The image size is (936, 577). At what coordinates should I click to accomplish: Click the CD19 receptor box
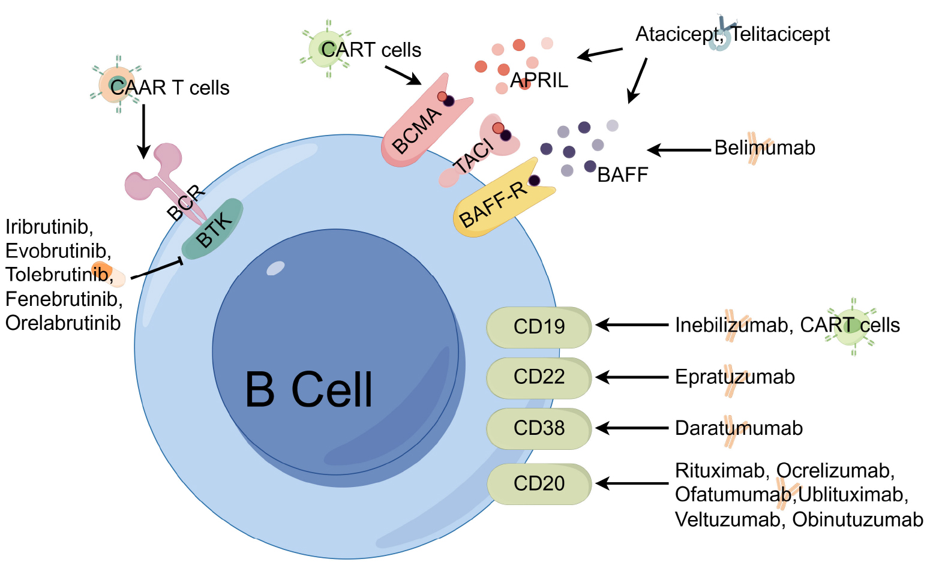click(x=539, y=327)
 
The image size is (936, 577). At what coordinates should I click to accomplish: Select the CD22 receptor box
click(x=539, y=377)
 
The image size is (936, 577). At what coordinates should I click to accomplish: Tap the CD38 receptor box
click(x=539, y=428)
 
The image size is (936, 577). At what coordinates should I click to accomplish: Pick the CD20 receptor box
click(x=539, y=483)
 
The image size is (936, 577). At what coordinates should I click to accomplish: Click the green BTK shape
click(x=213, y=229)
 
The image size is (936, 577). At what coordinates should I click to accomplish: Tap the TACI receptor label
click(x=474, y=155)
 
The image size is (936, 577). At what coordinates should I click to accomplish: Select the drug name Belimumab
click(x=764, y=148)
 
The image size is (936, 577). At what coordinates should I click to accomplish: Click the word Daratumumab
click(x=739, y=428)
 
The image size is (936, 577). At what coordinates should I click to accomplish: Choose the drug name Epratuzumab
click(x=734, y=377)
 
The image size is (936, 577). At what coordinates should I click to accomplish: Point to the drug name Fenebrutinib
click(x=64, y=299)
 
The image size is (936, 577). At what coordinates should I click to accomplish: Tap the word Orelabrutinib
click(x=63, y=323)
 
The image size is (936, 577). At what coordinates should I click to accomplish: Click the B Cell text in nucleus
click(x=308, y=390)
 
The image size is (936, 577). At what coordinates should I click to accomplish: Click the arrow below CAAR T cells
click(x=143, y=132)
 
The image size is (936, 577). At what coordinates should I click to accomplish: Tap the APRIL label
click(x=539, y=80)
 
